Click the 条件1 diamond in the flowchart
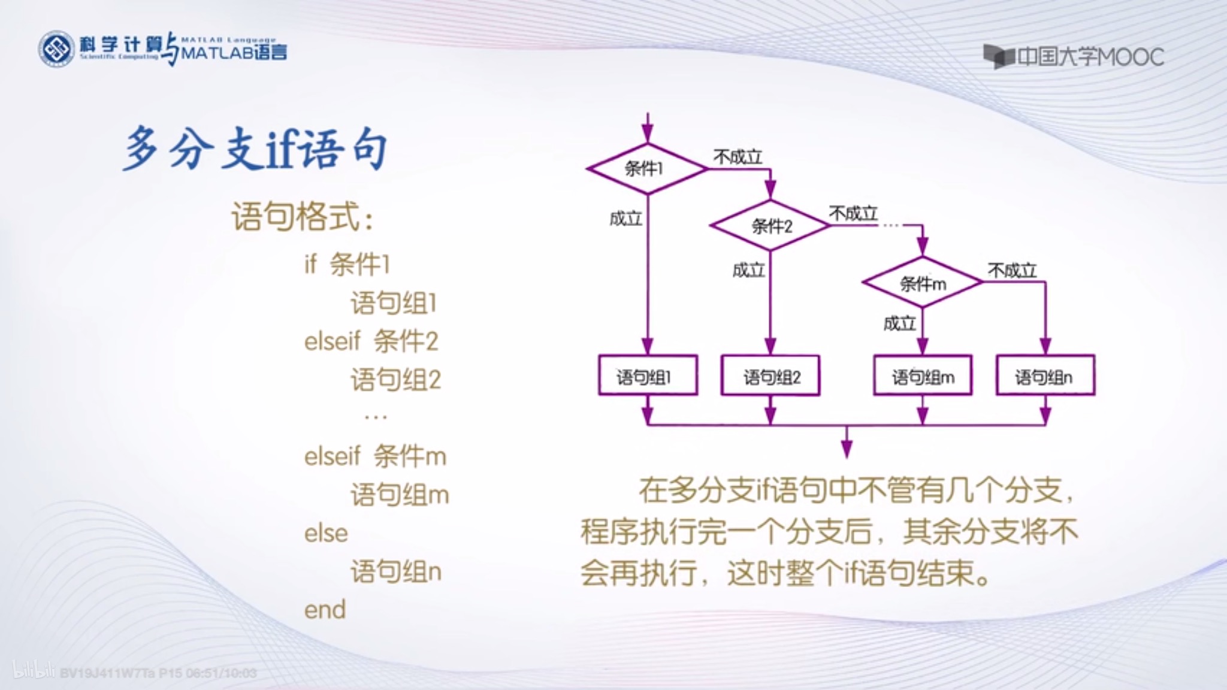(647, 169)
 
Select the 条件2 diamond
(770, 226)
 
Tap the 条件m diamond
(923, 283)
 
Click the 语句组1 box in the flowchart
(648, 376)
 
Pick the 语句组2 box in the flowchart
(770, 376)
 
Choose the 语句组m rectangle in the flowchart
(923, 376)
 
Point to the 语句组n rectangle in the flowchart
(1045, 376)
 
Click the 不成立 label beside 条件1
(738, 157)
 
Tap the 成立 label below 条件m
(899, 324)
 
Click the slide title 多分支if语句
(255, 149)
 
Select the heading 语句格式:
(303, 217)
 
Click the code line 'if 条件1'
(347, 264)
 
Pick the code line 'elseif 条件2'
(371, 341)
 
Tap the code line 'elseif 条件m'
(375, 456)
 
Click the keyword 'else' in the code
(326, 533)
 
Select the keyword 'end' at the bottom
(325, 610)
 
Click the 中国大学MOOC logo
(1074, 57)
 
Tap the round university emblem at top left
(56, 49)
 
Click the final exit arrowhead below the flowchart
(847, 449)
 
